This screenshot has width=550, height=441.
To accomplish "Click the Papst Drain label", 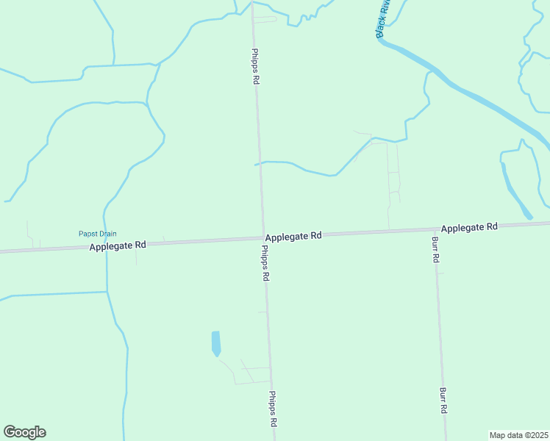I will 98,234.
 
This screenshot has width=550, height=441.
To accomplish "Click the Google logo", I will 24,432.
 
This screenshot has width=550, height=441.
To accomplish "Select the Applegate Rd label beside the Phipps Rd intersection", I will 293,236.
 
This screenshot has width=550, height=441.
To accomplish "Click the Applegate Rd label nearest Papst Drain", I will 118,245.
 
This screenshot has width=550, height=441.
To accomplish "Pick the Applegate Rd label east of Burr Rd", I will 470,227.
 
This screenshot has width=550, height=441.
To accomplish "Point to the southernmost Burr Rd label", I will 443,401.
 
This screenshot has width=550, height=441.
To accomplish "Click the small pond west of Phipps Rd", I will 215,343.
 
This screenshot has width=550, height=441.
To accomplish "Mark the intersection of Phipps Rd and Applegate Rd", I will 262,237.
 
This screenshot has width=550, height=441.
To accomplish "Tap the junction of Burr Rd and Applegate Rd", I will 433,231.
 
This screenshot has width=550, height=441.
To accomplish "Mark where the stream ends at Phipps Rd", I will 257,164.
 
